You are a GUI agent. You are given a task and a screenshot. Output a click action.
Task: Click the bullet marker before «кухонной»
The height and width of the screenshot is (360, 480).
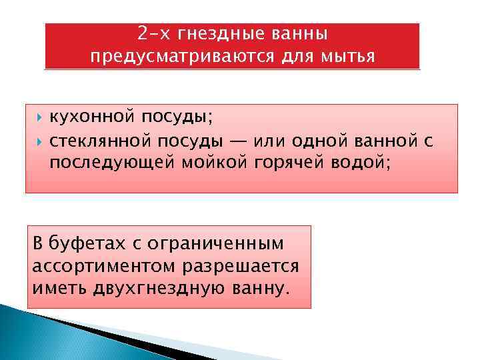(40, 118)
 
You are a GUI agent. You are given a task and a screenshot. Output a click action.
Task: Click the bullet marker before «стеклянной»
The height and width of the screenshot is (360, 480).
(40, 141)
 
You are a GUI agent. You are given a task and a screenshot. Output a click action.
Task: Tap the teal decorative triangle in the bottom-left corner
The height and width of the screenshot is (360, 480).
(27, 337)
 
